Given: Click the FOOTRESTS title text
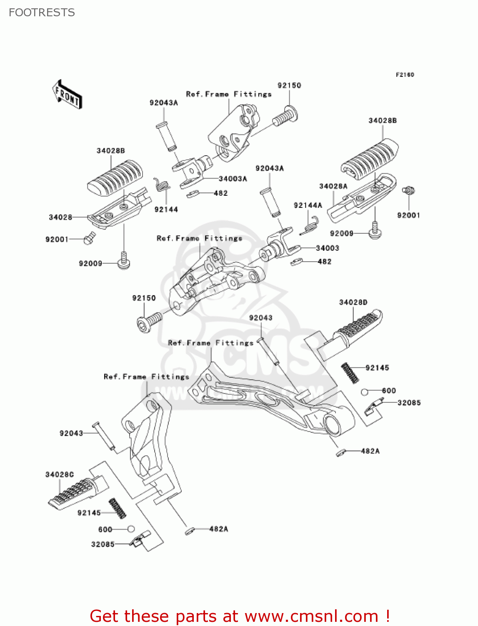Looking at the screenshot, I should (42, 13).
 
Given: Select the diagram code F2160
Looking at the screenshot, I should (405, 75).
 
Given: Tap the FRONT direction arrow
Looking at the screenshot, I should (67, 94).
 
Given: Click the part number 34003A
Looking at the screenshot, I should (233, 179).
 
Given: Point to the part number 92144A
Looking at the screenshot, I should (308, 205).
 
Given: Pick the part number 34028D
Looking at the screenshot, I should (353, 302).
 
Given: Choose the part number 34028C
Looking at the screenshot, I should (60, 475).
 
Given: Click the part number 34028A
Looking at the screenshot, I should (333, 186).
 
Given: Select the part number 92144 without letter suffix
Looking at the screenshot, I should (166, 210).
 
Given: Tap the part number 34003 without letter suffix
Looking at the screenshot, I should (328, 248).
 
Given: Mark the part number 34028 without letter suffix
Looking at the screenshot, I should (60, 217).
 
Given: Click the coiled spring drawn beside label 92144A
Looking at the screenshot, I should (311, 225).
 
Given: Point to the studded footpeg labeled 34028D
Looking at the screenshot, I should (358, 324).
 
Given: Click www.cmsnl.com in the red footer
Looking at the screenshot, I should (311, 616).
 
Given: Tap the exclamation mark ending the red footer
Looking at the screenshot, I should (388, 616).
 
